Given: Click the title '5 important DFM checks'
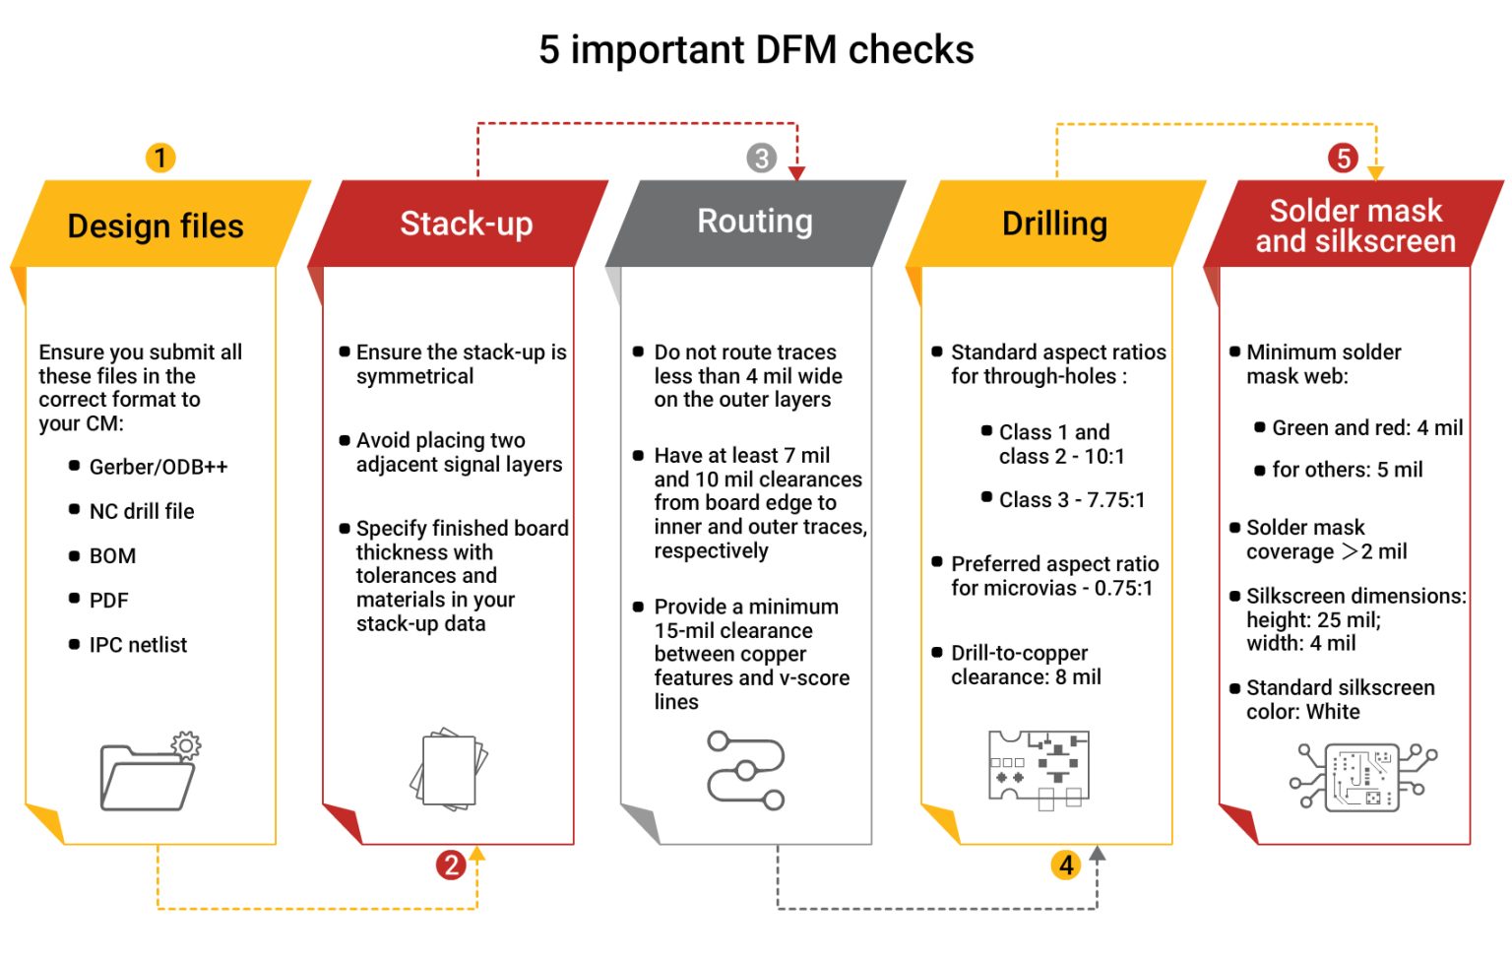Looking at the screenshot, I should [x=756, y=49].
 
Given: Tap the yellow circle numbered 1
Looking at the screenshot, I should [x=160, y=158].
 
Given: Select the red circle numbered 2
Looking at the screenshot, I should [x=451, y=865].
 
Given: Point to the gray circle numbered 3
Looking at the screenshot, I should [x=761, y=158].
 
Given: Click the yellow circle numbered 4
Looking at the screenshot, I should [x=1066, y=865].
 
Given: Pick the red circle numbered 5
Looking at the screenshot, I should [x=1343, y=158].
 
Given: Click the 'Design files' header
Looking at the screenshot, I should [x=156, y=225].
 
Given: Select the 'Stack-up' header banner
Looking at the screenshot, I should [x=466, y=224].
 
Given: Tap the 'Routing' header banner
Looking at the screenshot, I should [x=755, y=222].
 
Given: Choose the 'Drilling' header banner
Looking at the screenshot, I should [x=1054, y=224].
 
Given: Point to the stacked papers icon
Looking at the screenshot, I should [x=449, y=770].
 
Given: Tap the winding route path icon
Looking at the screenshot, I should [x=746, y=770].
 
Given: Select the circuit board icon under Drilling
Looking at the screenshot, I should [x=1039, y=768].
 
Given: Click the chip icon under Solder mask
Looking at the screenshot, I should [x=1362, y=777].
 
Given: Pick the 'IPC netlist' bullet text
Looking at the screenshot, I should [x=138, y=645].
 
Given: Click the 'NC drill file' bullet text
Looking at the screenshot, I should [x=142, y=511].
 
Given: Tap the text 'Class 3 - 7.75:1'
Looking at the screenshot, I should [x=1072, y=500].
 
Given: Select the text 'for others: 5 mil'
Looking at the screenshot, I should [x=1347, y=470].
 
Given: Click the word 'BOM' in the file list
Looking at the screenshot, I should [x=112, y=556].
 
